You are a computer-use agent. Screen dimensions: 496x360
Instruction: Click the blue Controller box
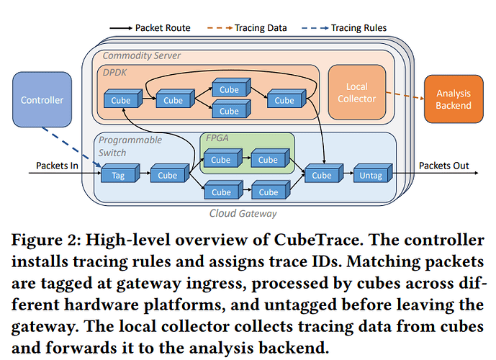tap(42, 99)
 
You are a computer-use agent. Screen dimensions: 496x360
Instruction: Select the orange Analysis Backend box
tap(454, 99)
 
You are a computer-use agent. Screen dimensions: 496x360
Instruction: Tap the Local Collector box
tap(357, 92)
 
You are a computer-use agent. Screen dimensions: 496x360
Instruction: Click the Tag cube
tap(120, 173)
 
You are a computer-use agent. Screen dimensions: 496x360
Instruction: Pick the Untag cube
tap(373, 173)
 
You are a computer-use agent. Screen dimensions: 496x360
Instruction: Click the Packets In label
tap(57, 166)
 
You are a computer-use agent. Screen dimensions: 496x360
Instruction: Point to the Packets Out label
tap(443, 166)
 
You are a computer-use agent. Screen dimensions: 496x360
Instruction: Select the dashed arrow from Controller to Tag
tap(71, 147)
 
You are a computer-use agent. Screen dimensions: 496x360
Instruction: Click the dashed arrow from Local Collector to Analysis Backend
tap(405, 96)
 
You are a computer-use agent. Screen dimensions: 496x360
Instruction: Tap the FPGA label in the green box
tap(217, 138)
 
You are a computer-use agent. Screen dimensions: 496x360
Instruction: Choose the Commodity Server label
tap(141, 56)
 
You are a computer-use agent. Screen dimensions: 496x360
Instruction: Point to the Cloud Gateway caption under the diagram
tap(243, 214)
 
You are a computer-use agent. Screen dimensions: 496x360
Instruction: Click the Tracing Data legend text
tap(261, 28)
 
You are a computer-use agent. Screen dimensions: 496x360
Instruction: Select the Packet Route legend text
tap(163, 28)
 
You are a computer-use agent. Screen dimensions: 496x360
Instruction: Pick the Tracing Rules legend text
tap(359, 28)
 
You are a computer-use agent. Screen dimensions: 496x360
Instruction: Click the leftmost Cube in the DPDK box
tap(123, 99)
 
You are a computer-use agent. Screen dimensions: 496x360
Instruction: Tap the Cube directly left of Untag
tap(324, 173)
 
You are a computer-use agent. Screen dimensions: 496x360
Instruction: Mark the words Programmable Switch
tap(130, 146)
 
